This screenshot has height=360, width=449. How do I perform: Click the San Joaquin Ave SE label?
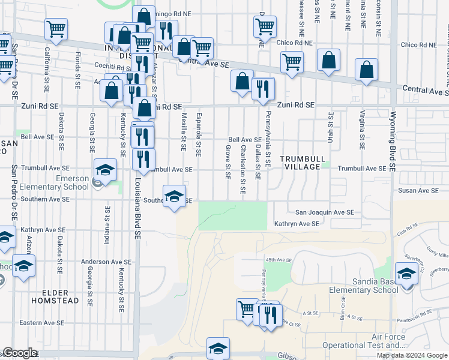pyautogui.click(x=324, y=212)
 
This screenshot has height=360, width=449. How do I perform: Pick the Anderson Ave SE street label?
pyautogui.click(x=106, y=262)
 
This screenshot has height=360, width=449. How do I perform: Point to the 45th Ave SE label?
pyautogui.click(x=278, y=260)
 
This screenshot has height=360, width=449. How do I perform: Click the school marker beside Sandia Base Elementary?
pyautogui.click(x=407, y=275)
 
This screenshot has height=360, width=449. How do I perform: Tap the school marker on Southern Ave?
pyautogui.click(x=174, y=196)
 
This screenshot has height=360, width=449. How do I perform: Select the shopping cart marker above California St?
pyautogui.click(x=56, y=29)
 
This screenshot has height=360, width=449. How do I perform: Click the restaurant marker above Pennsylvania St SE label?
pyautogui.click(x=263, y=89)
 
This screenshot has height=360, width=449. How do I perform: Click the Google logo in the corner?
pyautogui.click(x=20, y=353)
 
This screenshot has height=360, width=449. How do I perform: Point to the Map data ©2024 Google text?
pyautogui.click(x=412, y=355)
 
